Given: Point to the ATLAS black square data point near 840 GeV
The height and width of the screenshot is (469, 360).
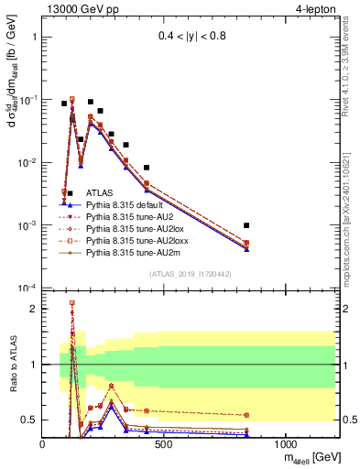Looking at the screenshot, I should click(246, 225).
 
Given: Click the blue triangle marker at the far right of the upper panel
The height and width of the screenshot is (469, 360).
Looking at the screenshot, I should click(246, 249).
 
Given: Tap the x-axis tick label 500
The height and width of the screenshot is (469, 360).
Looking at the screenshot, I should click(165, 444).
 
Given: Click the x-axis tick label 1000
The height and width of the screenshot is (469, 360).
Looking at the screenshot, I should click(286, 444).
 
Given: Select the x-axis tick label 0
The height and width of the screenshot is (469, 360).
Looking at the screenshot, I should click(43, 444).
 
